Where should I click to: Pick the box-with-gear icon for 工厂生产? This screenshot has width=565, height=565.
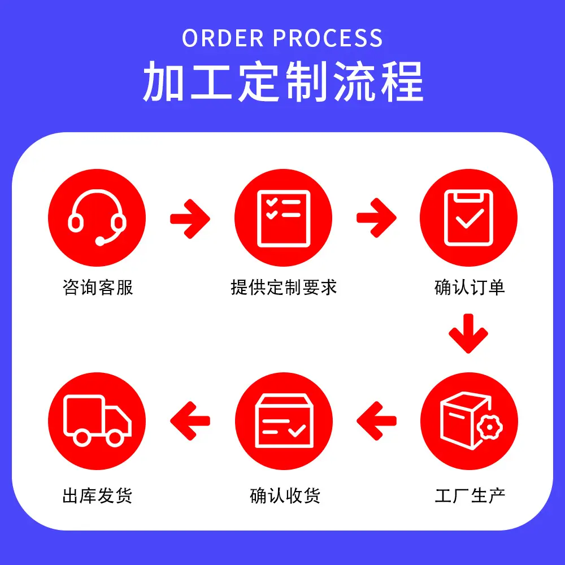(x=468, y=421)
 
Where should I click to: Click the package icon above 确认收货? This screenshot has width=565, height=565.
(x=283, y=421)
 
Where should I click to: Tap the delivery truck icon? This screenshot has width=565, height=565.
(x=97, y=421)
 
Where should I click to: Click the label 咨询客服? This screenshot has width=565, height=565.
(x=97, y=288)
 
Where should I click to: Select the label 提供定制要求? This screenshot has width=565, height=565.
(x=283, y=288)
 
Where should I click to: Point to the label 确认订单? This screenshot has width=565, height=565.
(x=468, y=288)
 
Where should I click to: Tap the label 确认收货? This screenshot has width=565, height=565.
(x=284, y=496)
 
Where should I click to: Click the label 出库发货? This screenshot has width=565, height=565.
(x=97, y=496)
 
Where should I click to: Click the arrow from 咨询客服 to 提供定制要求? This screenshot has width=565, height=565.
(x=190, y=218)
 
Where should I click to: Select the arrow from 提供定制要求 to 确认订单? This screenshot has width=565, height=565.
(x=376, y=218)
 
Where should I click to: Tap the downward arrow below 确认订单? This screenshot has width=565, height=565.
(x=468, y=333)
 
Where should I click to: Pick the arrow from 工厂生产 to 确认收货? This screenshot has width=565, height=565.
(x=376, y=421)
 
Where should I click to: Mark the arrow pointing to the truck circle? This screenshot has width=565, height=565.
(x=190, y=421)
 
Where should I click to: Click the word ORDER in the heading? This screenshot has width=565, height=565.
(x=224, y=38)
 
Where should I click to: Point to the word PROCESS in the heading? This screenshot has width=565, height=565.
(x=328, y=38)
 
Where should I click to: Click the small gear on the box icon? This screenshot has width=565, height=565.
(x=489, y=428)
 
